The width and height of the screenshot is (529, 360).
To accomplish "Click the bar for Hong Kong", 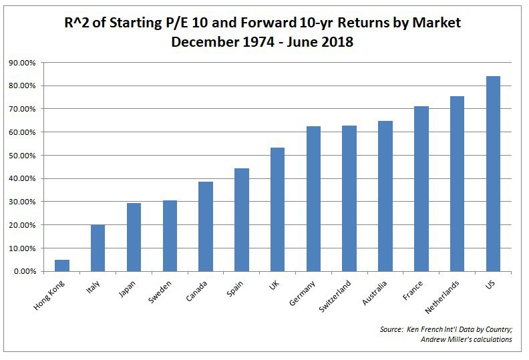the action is click(62, 266).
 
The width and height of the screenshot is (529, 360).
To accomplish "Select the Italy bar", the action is click(98, 248).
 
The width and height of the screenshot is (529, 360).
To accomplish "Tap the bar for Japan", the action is click(134, 237).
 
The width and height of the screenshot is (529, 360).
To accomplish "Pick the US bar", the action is click(493, 174).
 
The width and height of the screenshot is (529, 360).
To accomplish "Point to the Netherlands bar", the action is click(457, 184).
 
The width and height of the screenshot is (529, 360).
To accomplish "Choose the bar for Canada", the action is click(206, 226).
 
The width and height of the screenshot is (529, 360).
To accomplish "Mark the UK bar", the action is click(277, 210).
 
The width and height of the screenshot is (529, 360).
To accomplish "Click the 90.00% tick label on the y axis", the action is click(24, 63).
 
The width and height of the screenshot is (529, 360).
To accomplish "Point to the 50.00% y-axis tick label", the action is click(24, 156).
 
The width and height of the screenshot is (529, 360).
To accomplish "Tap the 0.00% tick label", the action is click(25, 272).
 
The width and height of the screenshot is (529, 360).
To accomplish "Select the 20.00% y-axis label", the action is click(24, 225).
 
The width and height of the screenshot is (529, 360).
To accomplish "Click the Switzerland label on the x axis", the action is click(335, 296).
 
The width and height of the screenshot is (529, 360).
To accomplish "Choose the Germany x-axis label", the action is click(302, 293).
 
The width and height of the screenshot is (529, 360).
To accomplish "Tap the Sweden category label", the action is click(160, 292).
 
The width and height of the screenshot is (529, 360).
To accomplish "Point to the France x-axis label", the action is click(413, 291).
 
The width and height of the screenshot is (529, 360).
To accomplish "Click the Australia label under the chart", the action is click(374, 293).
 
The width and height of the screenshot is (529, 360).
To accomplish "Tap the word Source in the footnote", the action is click(391, 329).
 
